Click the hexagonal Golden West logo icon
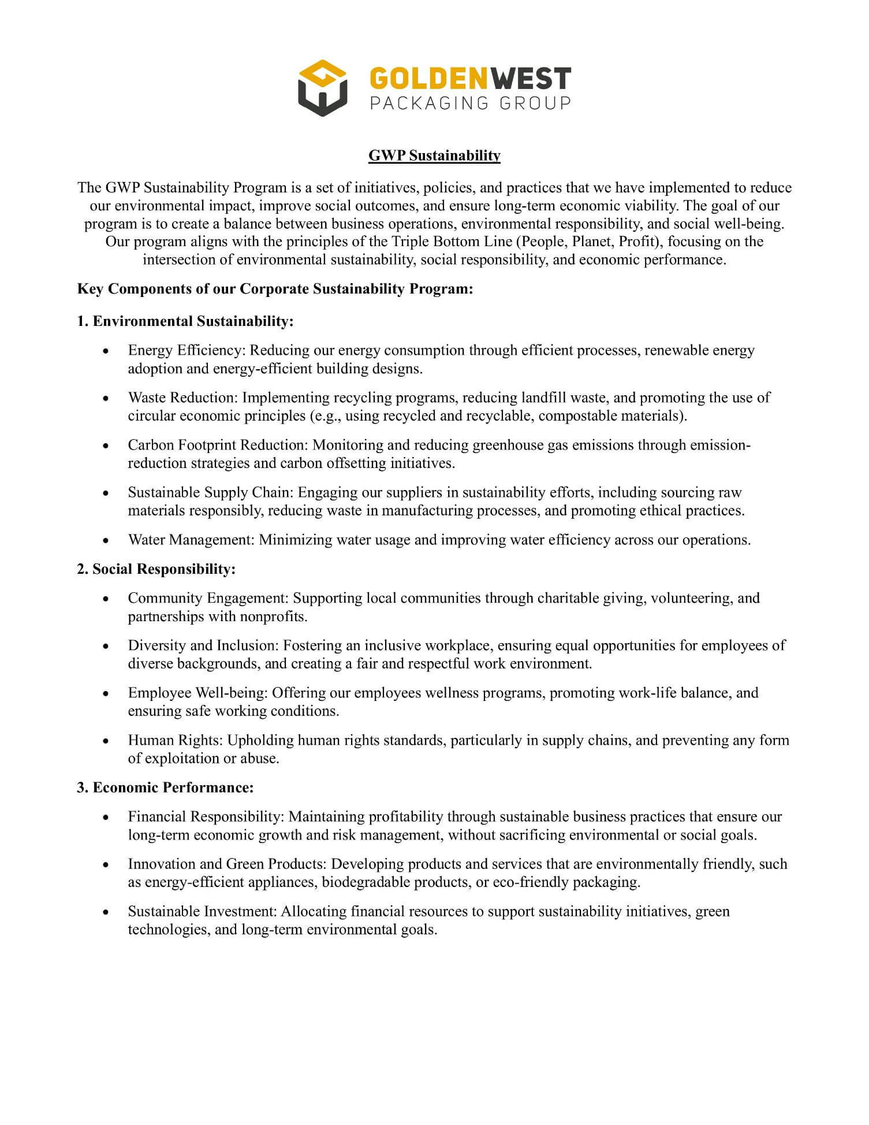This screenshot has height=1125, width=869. (x=322, y=88)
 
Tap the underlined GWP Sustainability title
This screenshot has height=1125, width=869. (x=434, y=155)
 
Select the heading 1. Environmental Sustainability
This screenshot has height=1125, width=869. (x=185, y=321)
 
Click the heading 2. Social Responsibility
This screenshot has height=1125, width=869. (x=156, y=569)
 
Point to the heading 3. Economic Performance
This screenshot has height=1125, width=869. (x=165, y=788)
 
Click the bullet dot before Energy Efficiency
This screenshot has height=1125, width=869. (x=105, y=351)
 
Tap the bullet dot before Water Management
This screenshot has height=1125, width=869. (x=105, y=541)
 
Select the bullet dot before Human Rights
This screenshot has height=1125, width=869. (x=105, y=741)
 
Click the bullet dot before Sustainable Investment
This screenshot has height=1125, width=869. (x=105, y=912)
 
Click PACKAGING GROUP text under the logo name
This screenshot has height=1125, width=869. (x=470, y=103)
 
